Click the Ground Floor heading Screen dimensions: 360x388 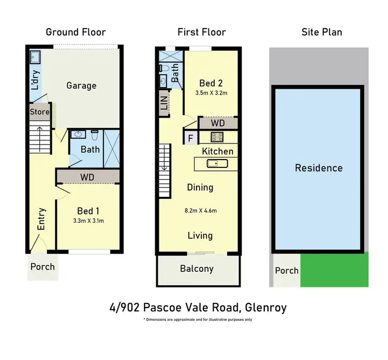point(76,32)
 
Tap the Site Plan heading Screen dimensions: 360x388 point(321,32)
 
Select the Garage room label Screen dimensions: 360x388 point(81,85)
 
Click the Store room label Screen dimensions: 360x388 point(39,112)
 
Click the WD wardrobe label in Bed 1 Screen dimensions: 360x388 point(87,177)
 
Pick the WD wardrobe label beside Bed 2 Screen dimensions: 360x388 point(218,123)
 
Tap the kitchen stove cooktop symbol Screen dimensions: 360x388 point(217,137)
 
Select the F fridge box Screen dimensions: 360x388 point(189,138)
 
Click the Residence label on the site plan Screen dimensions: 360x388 point(318,168)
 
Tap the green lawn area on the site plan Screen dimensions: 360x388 point(334,269)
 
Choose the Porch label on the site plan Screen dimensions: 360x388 point(286,270)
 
